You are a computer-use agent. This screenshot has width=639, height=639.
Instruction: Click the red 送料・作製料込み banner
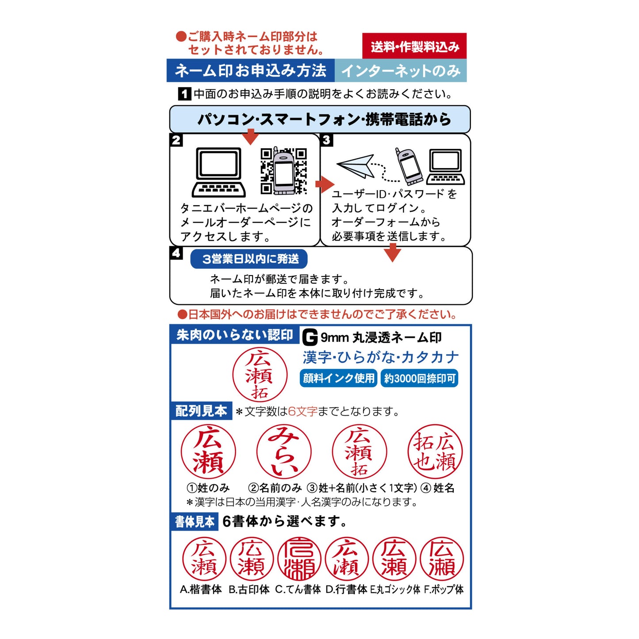click(414, 46)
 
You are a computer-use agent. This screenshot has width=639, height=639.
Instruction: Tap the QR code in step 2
click(283, 171)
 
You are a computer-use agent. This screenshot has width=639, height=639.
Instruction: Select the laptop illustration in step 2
click(218, 172)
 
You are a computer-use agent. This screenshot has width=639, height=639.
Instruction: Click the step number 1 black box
click(184, 94)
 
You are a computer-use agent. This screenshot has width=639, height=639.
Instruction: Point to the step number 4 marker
click(176, 253)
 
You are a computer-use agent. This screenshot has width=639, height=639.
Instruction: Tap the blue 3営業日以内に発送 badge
click(249, 259)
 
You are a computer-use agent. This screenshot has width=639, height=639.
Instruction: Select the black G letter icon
click(310, 338)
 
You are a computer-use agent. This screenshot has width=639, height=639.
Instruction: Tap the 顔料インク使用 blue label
click(339, 379)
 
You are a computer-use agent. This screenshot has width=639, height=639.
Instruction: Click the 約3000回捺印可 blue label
click(419, 379)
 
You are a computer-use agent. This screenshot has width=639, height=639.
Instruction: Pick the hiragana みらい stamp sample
click(284, 452)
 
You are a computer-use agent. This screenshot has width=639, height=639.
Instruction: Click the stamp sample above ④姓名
click(435, 452)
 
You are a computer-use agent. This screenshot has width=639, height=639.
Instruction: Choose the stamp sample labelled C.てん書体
click(299, 559)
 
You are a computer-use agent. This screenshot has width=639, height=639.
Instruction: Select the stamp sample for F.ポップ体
click(442, 559)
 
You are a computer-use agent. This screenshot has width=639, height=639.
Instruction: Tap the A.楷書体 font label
click(201, 589)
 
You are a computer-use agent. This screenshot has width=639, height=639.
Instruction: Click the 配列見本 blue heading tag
click(201, 411)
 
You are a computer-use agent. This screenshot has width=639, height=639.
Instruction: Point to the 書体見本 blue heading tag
click(195, 522)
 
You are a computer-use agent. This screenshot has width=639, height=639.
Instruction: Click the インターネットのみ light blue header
click(401, 71)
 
